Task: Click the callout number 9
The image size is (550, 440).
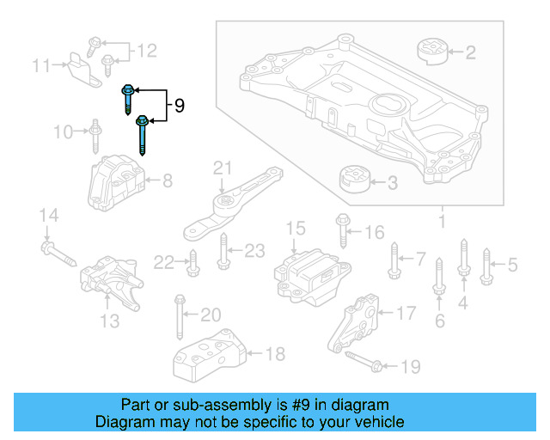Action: pyautogui.click(x=179, y=106)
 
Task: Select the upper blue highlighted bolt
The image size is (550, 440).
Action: pyautogui.click(x=127, y=99)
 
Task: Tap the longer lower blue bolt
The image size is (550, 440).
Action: pyautogui.click(x=142, y=135)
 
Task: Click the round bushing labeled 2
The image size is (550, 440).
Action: pyautogui.click(x=434, y=51)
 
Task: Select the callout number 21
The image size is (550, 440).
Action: pyautogui.click(x=223, y=167)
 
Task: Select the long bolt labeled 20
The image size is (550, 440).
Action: pyautogui.click(x=180, y=316)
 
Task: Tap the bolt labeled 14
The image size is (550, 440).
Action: pyautogui.click(x=61, y=255)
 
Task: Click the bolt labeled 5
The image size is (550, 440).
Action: pyautogui.click(x=486, y=264)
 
